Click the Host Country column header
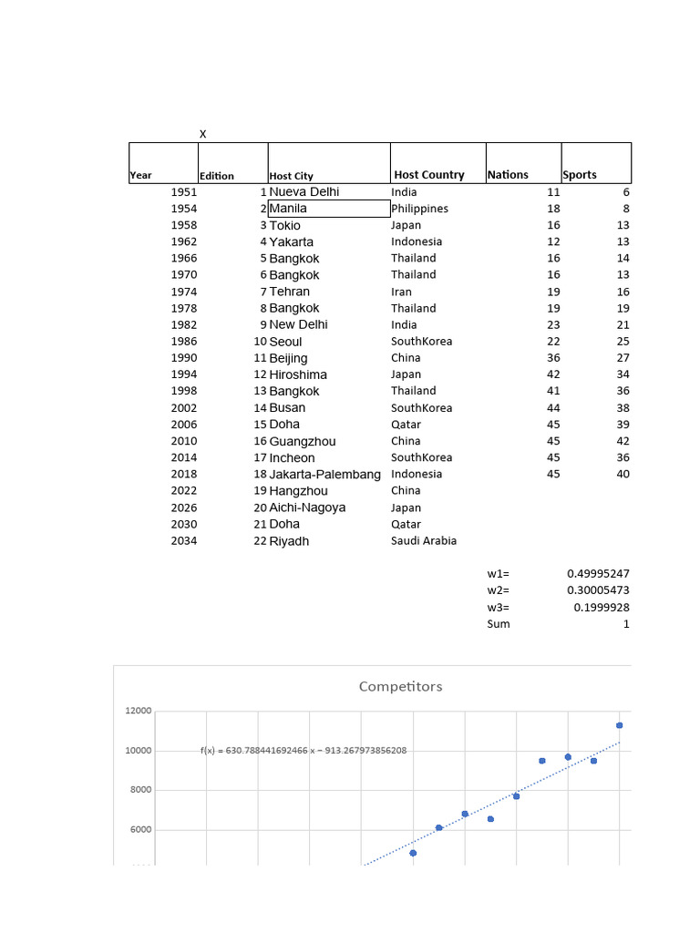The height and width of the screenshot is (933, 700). tap(429, 175)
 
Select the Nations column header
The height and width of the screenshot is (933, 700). tap(508, 175)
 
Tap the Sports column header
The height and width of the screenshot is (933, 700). tap(580, 175)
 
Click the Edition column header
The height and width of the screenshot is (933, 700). tap(217, 176)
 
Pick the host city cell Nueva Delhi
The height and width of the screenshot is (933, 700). tap(304, 192)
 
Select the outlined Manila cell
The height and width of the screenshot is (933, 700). tap(328, 209)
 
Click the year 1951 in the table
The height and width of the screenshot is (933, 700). tap(184, 192)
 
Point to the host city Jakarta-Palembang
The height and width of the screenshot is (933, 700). tap(324, 475)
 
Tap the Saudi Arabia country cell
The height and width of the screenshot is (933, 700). tap(424, 541)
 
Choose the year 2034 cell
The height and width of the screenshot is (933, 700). tap(184, 541)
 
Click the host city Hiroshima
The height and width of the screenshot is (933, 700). tap(298, 374)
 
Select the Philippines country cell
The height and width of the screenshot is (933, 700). tap(420, 209)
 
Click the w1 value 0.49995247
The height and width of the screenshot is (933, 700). tap(598, 574)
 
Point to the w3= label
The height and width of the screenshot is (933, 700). tap(499, 608)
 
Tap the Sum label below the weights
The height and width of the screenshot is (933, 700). tap(499, 624)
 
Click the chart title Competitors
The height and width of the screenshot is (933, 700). tap(400, 686)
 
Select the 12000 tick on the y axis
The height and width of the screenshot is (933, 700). tap(139, 711)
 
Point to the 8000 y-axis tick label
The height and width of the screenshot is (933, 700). tap(141, 790)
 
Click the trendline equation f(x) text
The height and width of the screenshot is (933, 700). tap(304, 751)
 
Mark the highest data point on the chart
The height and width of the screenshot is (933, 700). tap(620, 725)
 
